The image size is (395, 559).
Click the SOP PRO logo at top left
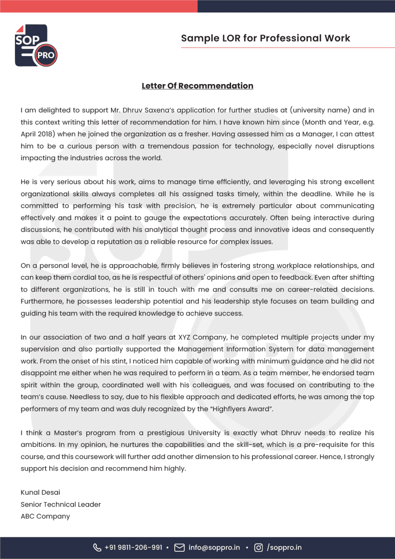[36, 45]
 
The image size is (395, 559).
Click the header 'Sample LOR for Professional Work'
[266, 38]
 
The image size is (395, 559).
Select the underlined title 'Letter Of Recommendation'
[197, 86]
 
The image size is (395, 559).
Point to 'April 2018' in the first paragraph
[38, 134]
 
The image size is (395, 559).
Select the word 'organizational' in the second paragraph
[45, 194]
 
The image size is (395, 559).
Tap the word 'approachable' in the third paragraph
[134, 266]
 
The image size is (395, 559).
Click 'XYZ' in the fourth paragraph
[184, 337]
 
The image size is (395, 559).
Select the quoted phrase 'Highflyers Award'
[241, 409]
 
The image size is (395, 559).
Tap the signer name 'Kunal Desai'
[40, 492]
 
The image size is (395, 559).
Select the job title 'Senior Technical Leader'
[61, 504]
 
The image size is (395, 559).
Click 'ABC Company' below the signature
[45, 516]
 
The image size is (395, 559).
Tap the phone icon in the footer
[97, 548]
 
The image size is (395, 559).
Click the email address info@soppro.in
[214, 548]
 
